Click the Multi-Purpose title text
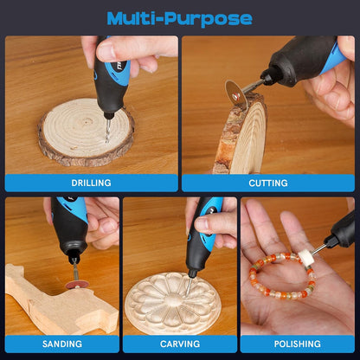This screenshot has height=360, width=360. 179,19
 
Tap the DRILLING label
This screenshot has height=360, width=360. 91,183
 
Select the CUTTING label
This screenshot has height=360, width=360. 268,183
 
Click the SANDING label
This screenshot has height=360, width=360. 62,344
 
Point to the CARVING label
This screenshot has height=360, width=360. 180,344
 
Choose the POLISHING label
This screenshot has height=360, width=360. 298,344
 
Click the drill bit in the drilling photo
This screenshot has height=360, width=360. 108,130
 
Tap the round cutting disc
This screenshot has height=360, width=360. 236,94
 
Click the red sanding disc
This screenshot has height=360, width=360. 77,285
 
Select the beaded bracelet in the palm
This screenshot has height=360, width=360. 282,275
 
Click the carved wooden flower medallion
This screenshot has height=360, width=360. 172,303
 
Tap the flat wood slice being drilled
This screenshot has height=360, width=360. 86,132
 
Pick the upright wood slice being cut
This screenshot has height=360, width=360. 241,136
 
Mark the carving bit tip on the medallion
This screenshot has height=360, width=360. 188,294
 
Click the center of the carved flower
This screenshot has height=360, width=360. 172,302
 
